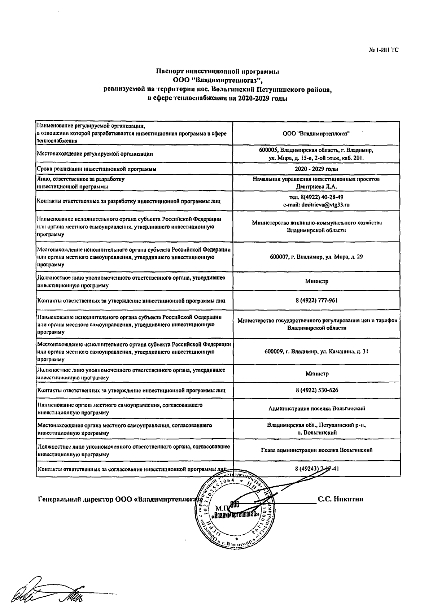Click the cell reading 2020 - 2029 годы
coord(316,169)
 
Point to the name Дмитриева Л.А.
coord(316,186)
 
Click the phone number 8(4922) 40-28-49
coord(316,197)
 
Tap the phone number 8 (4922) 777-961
coord(316,300)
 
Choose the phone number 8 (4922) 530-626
coord(316,390)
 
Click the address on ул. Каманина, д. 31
coord(316,351)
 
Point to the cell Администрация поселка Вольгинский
coord(316,408)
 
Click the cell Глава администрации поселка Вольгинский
coord(316,450)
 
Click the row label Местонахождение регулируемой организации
coord(95,154)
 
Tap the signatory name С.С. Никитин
coord(340,499)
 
